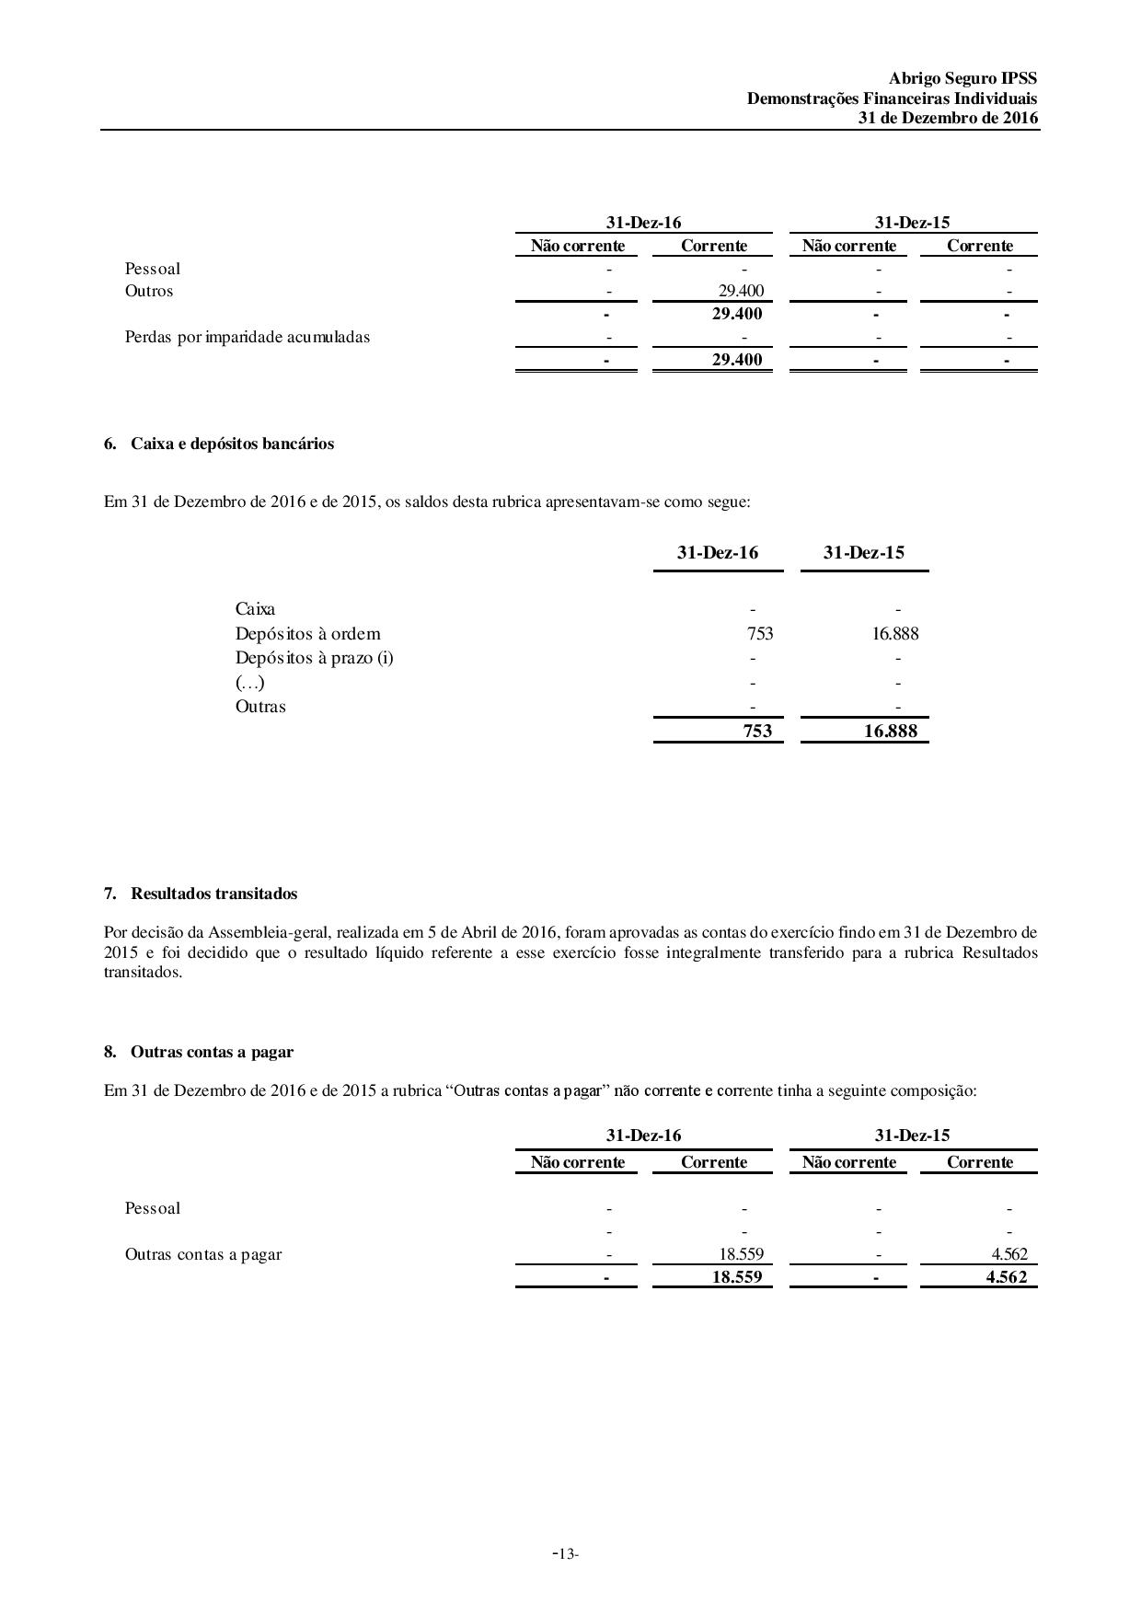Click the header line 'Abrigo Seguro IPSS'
962,79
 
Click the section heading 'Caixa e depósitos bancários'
232,444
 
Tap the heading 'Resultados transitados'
213,893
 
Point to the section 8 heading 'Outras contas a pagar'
212,1052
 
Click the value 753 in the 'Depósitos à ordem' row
760,633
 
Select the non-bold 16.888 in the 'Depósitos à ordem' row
895,633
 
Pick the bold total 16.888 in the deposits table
891,732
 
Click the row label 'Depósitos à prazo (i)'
314,658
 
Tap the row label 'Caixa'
255,609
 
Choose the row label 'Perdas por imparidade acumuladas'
248,337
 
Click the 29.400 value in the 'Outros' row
741,292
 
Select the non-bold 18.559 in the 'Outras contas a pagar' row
741,1253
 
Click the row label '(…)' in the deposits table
249,683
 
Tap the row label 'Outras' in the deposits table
260,707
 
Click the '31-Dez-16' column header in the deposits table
718,552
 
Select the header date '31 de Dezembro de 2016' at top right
948,118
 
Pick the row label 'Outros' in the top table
149,291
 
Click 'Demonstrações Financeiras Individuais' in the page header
892,98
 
